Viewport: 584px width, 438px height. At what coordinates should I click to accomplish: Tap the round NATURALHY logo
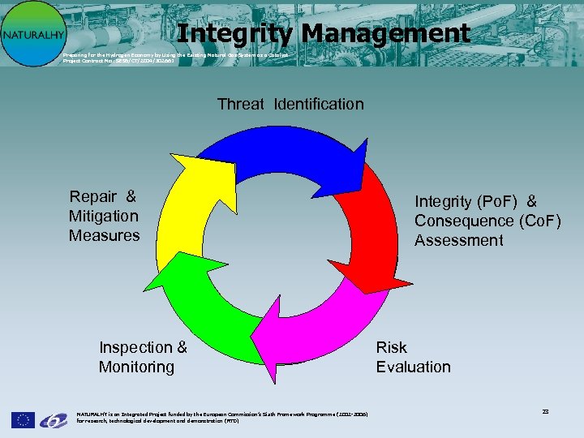pyautogui.click(x=32, y=34)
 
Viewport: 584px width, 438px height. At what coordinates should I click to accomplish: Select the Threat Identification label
pyautogui.click(x=290, y=104)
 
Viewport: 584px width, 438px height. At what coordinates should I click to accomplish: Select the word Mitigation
pyautogui.click(x=104, y=216)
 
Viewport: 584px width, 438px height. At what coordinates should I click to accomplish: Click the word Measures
pyautogui.click(x=104, y=235)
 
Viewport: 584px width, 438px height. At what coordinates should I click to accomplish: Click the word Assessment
pyautogui.click(x=458, y=240)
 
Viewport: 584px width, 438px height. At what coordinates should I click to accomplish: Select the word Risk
pyautogui.click(x=391, y=347)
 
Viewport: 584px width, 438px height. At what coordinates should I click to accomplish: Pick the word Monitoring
pyautogui.click(x=136, y=367)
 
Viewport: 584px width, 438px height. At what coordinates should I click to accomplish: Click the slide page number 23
pyautogui.click(x=545, y=412)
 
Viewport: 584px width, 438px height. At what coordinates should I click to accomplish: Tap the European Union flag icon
pyautogui.click(x=23, y=419)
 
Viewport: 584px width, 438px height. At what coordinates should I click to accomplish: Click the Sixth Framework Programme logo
pyautogui.click(x=54, y=419)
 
